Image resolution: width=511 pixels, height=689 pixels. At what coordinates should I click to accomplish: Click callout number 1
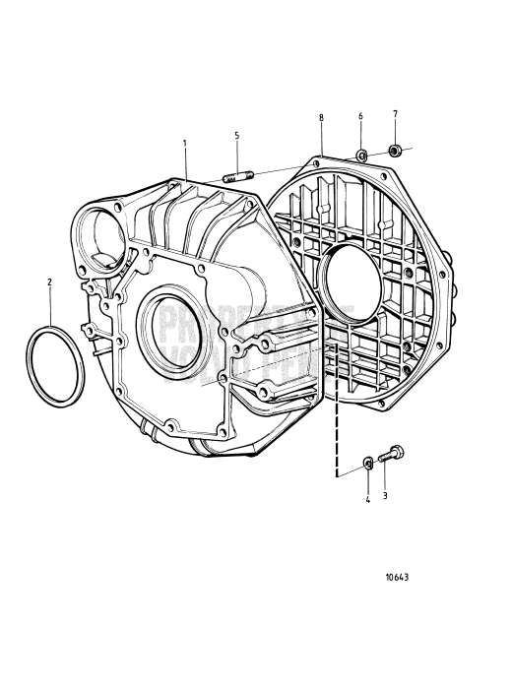[184, 144]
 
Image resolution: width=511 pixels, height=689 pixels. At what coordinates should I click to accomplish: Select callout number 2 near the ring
[50, 282]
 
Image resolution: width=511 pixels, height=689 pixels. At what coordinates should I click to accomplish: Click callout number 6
[360, 117]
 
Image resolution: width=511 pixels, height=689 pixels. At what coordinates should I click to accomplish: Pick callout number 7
[395, 116]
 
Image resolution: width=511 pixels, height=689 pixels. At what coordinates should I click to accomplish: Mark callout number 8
[321, 118]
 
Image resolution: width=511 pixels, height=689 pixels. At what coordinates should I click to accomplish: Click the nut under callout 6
[362, 154]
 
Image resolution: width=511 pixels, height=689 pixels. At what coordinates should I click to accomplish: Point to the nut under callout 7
[394, 151]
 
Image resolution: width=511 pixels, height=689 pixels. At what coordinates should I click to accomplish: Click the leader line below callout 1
[185, 163]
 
